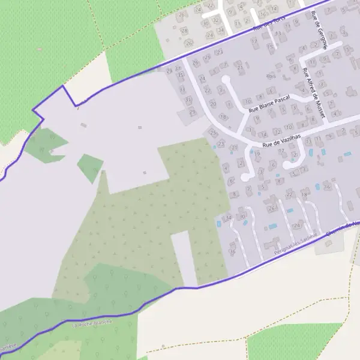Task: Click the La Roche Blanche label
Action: coord(92,323)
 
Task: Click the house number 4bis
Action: coord(271,76)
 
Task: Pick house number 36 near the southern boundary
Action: coord(232,252)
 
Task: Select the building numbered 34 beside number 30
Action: coord(228,217)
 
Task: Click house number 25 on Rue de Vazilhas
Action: coord(212,133)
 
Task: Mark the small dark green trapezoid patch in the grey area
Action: coord(90,167)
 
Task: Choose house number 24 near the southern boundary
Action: coord(296,225)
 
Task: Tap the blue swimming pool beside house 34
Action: coord(218,223)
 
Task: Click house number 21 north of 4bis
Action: coord(241,67)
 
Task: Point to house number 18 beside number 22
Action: coord(304,194)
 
